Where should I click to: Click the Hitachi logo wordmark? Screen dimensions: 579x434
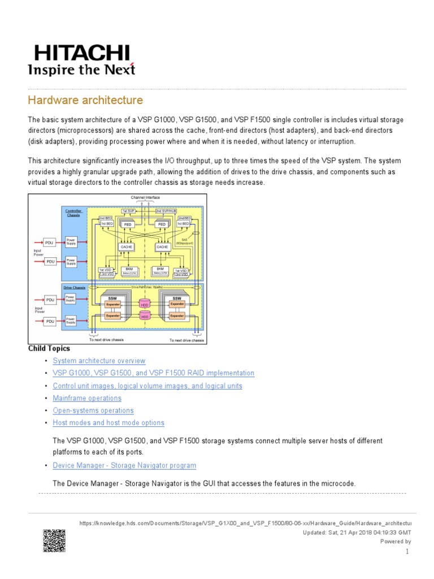82,54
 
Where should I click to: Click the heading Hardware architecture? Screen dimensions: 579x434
85,101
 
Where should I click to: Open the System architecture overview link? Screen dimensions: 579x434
99,361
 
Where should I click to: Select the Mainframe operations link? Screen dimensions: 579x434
87,398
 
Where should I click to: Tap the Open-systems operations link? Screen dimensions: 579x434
93,411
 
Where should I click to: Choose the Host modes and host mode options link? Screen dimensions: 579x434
108,423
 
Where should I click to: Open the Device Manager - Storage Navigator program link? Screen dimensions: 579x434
124,465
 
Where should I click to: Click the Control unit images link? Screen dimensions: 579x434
147,386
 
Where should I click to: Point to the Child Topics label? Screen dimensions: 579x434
49,348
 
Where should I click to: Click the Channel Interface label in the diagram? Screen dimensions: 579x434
145,198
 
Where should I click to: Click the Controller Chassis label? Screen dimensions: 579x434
73,213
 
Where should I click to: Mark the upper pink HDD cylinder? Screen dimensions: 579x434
145,304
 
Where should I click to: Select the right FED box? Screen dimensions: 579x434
162,224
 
